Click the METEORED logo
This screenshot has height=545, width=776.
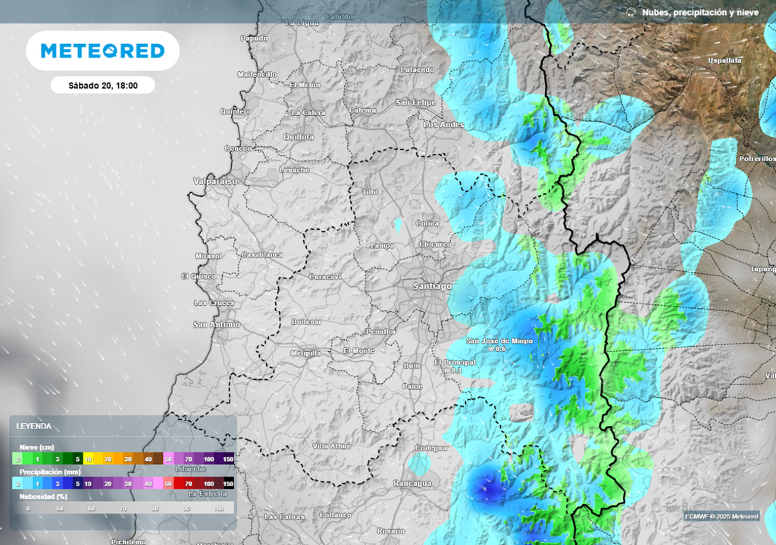102,51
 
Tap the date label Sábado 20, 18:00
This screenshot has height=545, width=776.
103,86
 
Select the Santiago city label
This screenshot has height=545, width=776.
432,286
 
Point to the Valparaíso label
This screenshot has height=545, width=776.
215,182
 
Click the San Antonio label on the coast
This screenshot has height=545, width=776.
217,325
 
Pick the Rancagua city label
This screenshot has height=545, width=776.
412,483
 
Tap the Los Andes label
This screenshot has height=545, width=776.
443,124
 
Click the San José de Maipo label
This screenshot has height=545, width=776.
499,341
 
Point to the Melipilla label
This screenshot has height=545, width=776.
306,353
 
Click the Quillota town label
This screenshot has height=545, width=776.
298,137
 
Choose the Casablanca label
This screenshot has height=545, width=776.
261,255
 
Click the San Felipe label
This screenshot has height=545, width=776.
415,102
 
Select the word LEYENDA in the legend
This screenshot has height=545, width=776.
34,426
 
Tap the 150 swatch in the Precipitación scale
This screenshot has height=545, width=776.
228,483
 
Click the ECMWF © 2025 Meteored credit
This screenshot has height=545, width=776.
721,516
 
